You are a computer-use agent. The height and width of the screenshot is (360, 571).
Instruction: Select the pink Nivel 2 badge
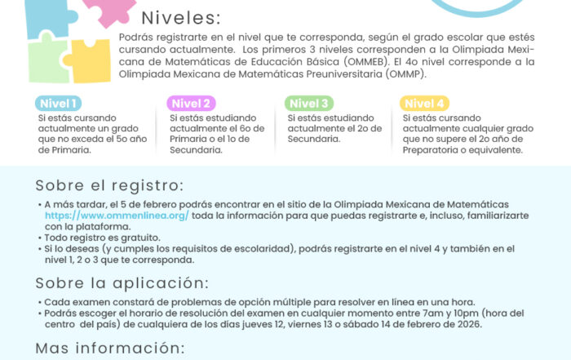(193, 104)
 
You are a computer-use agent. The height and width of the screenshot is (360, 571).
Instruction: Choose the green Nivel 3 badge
(309, 104)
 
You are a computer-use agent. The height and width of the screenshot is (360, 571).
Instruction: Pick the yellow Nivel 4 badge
(425, 104)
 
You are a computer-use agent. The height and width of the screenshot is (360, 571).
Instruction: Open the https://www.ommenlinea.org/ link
(117, 215)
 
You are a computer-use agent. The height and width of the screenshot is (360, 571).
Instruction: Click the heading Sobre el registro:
(108, 185)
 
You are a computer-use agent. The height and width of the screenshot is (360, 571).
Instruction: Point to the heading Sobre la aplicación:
(121, 283)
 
